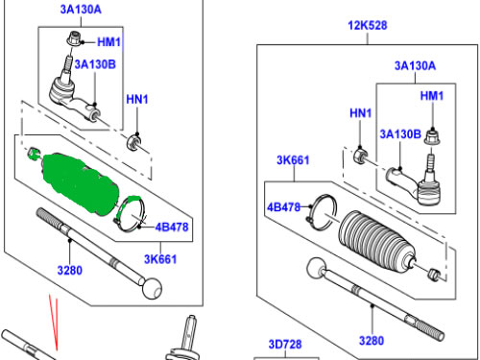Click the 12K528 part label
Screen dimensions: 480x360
[x=368, y=25]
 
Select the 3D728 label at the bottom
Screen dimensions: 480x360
[x=285, y=344]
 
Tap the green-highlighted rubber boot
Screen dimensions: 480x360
[x=80, y=182]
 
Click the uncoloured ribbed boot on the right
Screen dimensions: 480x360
[x=377, y=243]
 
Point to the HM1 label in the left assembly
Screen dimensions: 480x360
[x=108, y=42]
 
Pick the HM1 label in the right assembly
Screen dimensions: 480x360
[x=432, y=95]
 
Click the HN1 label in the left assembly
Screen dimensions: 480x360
[x=137, y=99]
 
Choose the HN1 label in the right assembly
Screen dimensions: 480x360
[x=360, y=113]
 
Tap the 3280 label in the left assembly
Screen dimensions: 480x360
[x=69, y=271]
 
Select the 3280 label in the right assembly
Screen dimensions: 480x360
[x=372, y=341]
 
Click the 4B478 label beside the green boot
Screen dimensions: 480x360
[x=172, y=227]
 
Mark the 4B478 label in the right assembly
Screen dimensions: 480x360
[x=283, y=207]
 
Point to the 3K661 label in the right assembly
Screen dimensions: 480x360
[x=293, y=160]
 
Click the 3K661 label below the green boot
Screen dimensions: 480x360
[x=160, y=259]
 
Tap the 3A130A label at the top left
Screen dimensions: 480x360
[x=81, y=10]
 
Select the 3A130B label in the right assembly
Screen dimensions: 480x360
[x=400, y=133]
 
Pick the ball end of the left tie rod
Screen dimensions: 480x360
[x=152, y=289]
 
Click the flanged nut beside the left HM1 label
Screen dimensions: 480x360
[x=74, y=38]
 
